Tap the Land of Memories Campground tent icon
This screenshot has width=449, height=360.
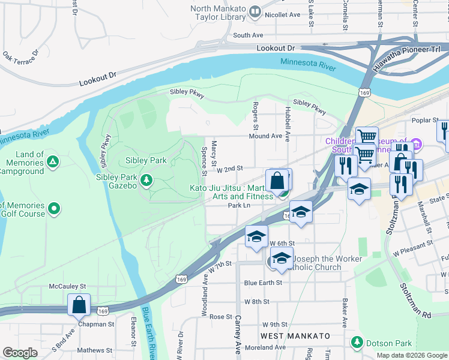click(53, 161)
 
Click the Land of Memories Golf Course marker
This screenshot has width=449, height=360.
click(54, 209)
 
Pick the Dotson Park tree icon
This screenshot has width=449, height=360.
click(358, 343)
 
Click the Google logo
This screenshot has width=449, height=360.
click(20, 353)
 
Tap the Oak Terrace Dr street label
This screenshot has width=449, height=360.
click(19, 58)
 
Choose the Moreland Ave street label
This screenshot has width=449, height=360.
click(265, 347)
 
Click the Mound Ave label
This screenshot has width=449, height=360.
click(267, 136)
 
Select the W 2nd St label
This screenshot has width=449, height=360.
click(229, 170)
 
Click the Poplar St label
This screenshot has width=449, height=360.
click(426, 120)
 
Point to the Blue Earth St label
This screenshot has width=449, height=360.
click(263, 283)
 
